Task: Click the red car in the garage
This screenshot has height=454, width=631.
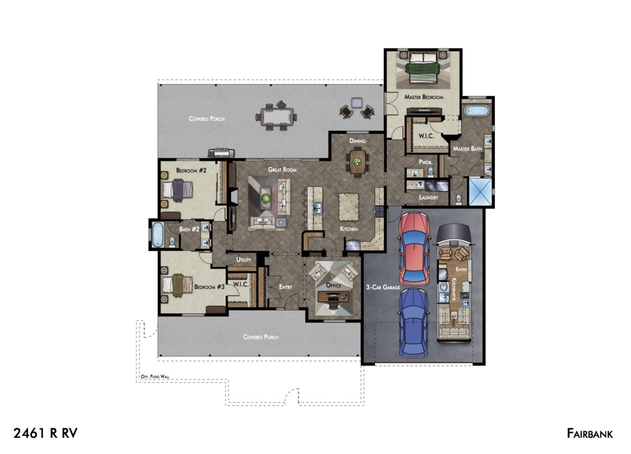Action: (414, 248)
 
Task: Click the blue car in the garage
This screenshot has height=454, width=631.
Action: (414, 323)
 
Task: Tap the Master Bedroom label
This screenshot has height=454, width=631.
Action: (423, 97)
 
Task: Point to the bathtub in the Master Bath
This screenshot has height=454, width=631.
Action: (476, 111)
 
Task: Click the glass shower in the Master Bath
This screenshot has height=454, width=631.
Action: (480, 191)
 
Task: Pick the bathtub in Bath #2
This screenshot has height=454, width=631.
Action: (157, 234)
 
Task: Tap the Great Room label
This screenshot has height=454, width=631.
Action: (282, 169)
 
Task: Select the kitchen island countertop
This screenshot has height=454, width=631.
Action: (349, 207)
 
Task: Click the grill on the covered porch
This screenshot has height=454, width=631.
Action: (221, 152)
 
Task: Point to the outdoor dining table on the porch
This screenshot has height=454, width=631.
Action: (276, 116)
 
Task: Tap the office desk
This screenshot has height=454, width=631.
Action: (333, 297)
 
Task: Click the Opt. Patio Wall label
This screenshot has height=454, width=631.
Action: (155, 377)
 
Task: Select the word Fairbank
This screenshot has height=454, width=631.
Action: (590, 433)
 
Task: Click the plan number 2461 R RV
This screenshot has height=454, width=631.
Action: (45, 433)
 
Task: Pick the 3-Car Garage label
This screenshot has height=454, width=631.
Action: (383, 287)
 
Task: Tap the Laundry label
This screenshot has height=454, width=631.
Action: (428, 197)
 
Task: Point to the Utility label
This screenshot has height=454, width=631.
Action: (244, 260)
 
